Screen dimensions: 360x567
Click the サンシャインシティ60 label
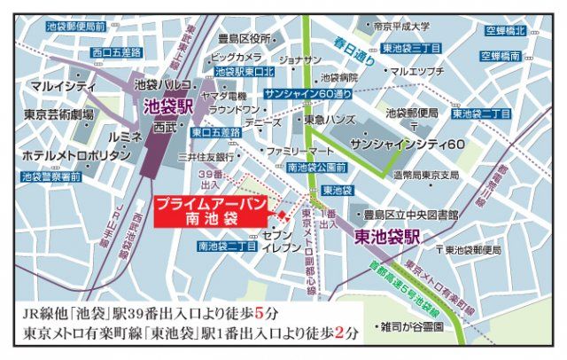point(408,143)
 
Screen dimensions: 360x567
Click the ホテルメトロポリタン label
point(66,154)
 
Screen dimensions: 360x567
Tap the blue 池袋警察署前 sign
point(50,176)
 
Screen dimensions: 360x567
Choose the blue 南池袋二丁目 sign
point(228,245)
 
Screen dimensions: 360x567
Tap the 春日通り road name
point(355,42)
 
